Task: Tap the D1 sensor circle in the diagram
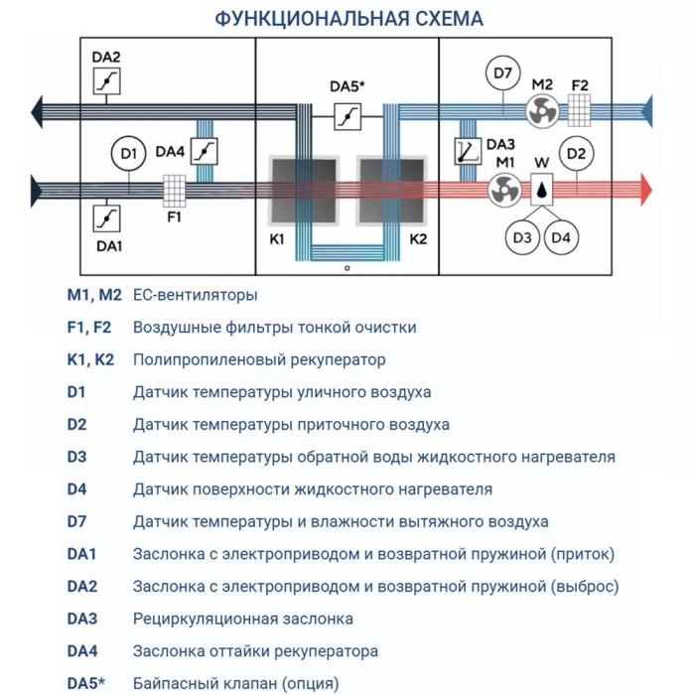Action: [127, 153]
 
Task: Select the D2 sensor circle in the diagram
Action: [577, 153]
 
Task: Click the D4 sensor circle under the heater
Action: [562, 236]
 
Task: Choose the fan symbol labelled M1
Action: [504, 188]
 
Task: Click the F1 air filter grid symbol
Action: [175, 189]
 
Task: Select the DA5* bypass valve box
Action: [347, 118]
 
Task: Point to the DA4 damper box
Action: [204, 152]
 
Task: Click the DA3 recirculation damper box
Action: [465, 151]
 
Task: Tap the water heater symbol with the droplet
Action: [542, 188]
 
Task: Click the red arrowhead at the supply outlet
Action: [645, 188]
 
